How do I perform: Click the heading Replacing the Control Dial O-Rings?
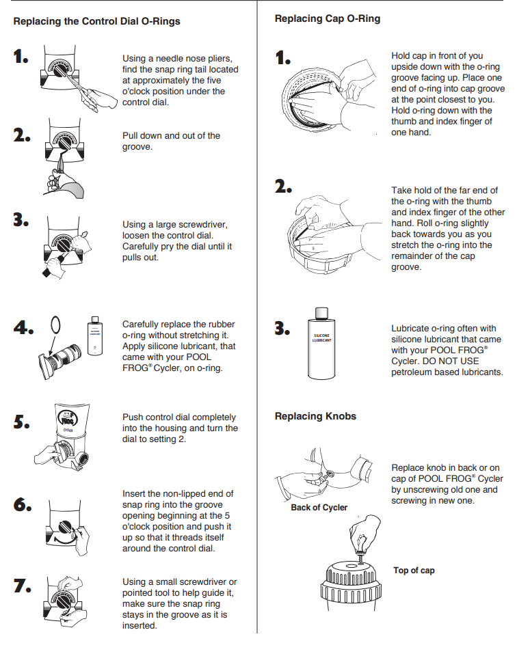(96, 21)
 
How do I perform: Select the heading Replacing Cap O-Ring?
(328, 18)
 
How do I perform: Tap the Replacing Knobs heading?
(315, 415)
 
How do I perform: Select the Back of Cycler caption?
(319, 508)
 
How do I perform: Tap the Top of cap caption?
(414, 571)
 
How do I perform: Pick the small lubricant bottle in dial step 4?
(94, 338)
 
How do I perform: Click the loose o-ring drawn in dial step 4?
(57, 324)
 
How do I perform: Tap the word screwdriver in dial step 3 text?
(204, 225)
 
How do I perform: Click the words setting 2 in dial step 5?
(155, 439)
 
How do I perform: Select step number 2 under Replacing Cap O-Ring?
(283, 187)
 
